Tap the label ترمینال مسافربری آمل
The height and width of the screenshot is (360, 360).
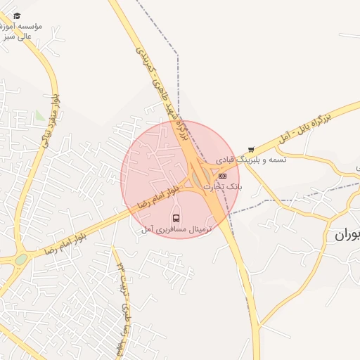tap(175, 229)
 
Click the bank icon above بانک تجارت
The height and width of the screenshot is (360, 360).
tap(223, 176)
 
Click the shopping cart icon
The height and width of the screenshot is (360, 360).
tap(251, 149)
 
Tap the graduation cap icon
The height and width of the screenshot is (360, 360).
tap(17, 15)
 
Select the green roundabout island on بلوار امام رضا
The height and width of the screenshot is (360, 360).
tap(22, 259)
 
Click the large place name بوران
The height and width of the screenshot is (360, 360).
tap(345, 235)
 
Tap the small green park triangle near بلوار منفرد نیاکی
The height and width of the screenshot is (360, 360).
tap(39, 115)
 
